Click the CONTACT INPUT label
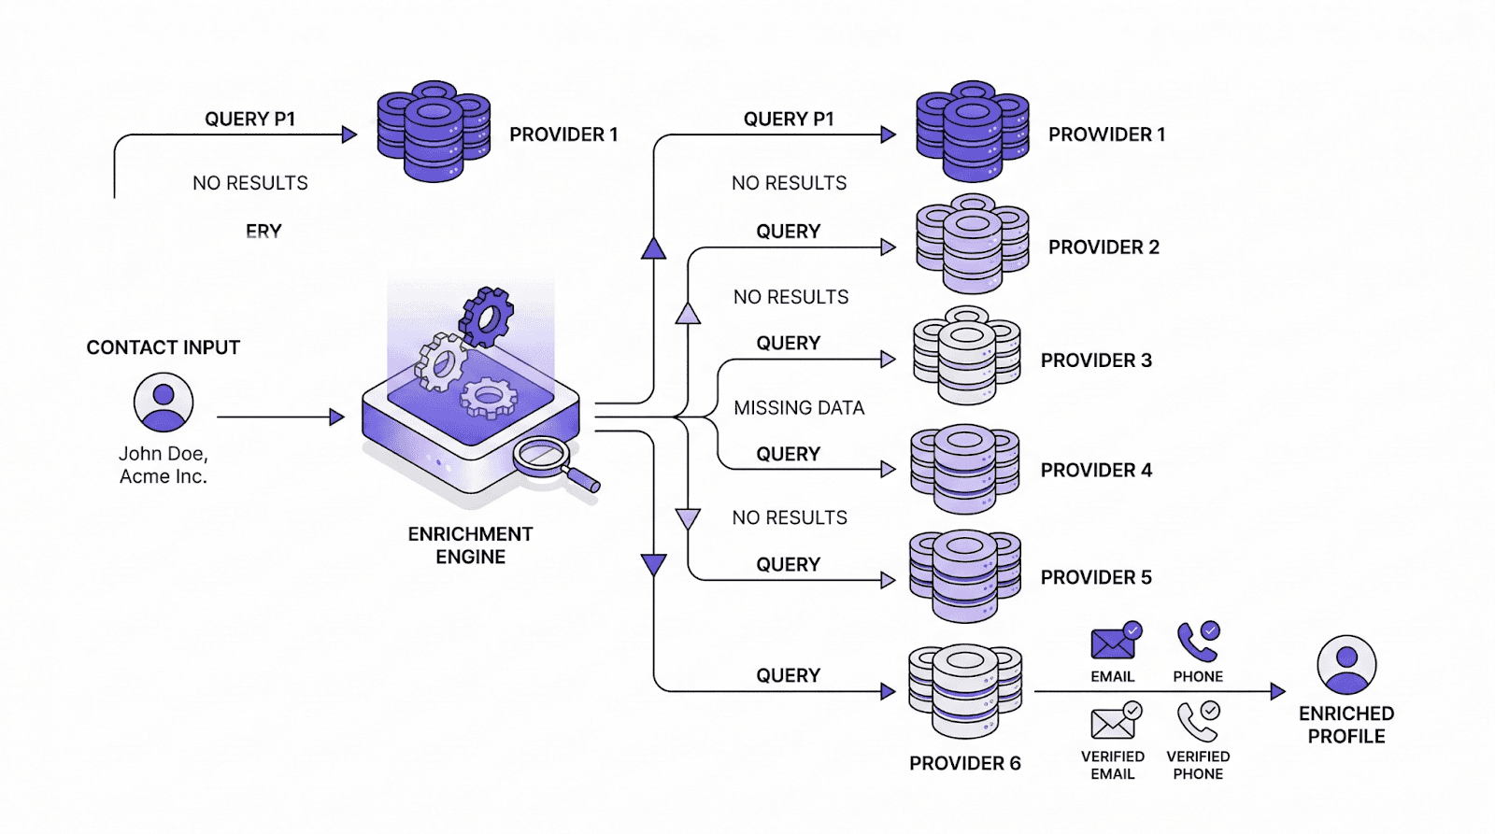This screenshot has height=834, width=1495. point(164,347)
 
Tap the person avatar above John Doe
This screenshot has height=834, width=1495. point(164,403)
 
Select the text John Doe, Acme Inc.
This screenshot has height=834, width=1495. point(164,465)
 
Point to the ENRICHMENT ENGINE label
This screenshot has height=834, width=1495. point(470,545)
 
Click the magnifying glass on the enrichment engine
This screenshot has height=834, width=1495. point(542,457)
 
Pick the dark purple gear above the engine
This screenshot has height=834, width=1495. point(487,317)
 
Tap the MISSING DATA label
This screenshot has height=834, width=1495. point(799,408)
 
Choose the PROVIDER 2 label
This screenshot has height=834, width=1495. point(1103,247)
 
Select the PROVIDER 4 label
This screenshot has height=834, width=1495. point(1096,471)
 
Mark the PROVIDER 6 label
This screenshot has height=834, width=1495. point(965,764)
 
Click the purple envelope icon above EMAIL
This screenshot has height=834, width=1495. point(1113,643)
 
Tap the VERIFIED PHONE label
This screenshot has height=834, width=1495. point(1198,765)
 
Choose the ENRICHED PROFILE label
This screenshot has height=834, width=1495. point(1346,725)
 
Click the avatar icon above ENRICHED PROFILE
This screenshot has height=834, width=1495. point(1346,664)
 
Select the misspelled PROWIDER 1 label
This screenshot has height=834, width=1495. point(1106,134)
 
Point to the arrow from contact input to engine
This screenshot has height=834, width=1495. point(280,417)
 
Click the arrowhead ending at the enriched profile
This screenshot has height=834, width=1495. point(1278,692)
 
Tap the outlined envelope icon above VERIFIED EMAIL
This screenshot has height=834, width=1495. point(1112,723)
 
